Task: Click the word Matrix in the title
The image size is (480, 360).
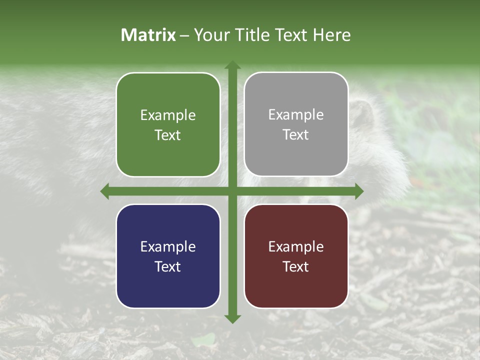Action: [x=148, y=35]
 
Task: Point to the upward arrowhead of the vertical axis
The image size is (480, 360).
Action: [x=232, y=65]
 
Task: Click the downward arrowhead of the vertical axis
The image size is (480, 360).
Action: [x=232, y=318]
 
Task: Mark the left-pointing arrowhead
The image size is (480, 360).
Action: [x=105, y=191]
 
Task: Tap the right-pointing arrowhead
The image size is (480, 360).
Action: [x=358, y=191]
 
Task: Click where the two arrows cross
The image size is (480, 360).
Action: [x=232, y=191]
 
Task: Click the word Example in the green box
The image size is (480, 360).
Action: [x=168, y=115]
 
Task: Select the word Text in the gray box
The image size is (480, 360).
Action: [x=296, y=135]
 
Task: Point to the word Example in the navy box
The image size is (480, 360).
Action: [x=168, y=246]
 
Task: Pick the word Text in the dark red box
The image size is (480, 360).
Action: [x=296, y=266]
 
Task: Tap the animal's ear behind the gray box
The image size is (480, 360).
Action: [x=362, y=112]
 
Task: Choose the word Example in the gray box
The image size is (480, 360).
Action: [x=296, y=115]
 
